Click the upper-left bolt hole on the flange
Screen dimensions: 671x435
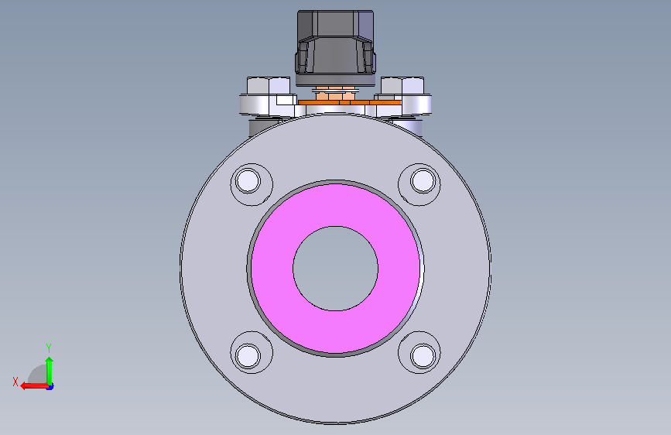[248, 180]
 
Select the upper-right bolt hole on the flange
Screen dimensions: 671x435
[423, 180]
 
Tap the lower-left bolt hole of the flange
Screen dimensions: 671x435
[248, 356]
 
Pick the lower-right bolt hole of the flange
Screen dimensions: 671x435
[423, 356]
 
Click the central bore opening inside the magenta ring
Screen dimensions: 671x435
[336, 269]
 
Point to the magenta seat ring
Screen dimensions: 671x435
[272, 269]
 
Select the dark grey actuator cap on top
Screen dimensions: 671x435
[335, 42]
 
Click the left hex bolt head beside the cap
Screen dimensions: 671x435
[269, 86]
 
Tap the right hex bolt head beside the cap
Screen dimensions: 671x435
[402, 86]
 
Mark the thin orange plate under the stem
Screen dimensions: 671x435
[350, 102]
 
